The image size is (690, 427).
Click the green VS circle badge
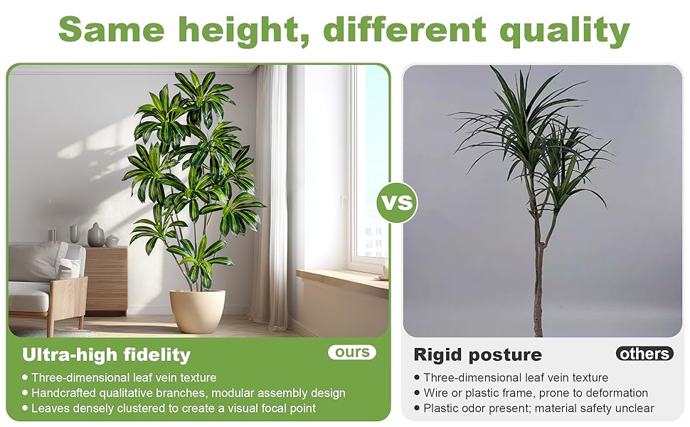[x=397, y=203]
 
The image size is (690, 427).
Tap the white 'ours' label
[x=352, y=352]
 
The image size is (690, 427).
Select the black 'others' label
[x=644, y=354]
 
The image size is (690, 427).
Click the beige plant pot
[x=198, y=310]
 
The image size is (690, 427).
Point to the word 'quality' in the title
[x=564, y=30]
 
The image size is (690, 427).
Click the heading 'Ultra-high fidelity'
[x=107, y=355]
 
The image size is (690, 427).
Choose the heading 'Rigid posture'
[x=478, y=355]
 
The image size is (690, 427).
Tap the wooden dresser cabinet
[x=105, y=280]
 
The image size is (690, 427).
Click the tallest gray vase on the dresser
[x=95, y=235]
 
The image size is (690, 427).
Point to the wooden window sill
[x=342, y=281]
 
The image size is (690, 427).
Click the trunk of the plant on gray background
[x=538, y=264]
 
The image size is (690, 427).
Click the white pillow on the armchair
[x=70, y=267]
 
